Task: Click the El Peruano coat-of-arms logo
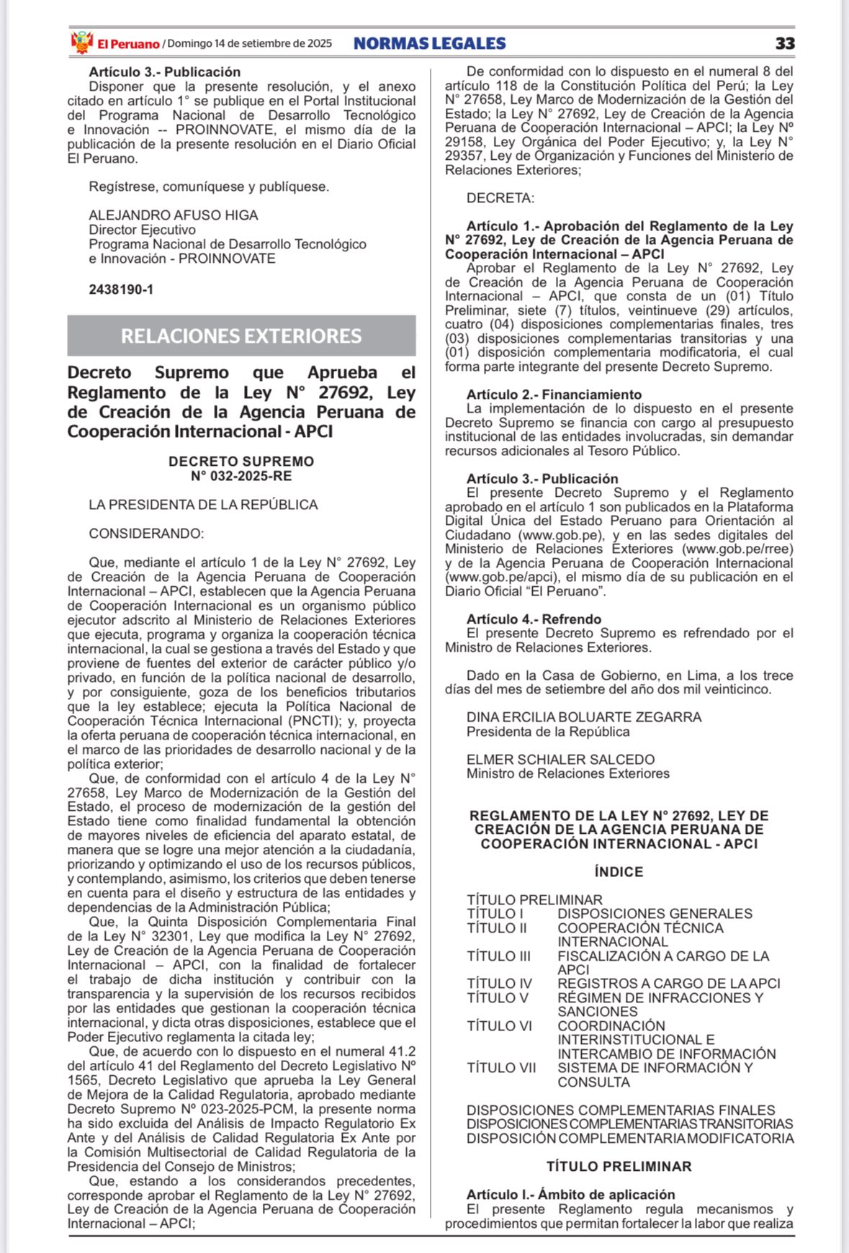(x=82, y=42)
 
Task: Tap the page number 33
(x=785, y=43)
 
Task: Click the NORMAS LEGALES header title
(x=429, y=43)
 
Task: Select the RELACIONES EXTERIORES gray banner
(x=241, y=336)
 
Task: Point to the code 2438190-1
(x=121, y=289)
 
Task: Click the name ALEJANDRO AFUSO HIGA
(x=173, y=215)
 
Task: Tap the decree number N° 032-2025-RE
(x=241, y=476)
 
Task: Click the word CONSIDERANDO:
(x=146, y=534)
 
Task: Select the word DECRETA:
(x=500, y=198)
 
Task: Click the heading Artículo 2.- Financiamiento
(x=554, y=395)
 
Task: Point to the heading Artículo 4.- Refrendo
(x=534, y=619)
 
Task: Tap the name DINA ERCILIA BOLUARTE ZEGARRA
(x=583, y=717)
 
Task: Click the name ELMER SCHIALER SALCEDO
(x=560, y=760)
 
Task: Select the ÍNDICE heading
(x=619, y=872)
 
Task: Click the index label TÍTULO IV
(x=499, y=984)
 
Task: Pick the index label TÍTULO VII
(x=501, y=1068)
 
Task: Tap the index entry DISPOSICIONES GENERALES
(x=655, y=914)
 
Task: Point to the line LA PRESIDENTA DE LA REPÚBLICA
(x=203, y=505)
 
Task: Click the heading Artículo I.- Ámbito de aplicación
(x=570, y=1195)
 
